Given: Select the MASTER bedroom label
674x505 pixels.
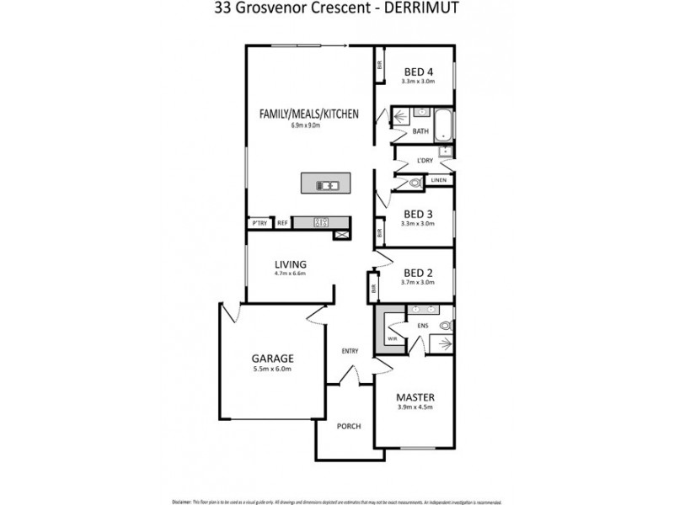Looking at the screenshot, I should [415, 396].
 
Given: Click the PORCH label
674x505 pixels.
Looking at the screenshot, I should [348, 427].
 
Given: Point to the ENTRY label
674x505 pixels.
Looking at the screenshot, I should [350, 351].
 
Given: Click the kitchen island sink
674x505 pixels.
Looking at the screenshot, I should [327, 185].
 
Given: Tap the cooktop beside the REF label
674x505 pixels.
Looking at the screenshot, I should [322, 223].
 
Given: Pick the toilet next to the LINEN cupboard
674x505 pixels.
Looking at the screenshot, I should [414, 181].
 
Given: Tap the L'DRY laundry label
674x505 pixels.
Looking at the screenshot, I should [424, 162].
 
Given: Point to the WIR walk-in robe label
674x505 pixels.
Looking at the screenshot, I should [392, 338].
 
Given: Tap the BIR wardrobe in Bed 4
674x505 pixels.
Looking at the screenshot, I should [380, 64].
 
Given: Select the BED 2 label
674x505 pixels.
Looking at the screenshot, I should [418, 273].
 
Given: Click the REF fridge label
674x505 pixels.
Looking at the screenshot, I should [282, 223].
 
